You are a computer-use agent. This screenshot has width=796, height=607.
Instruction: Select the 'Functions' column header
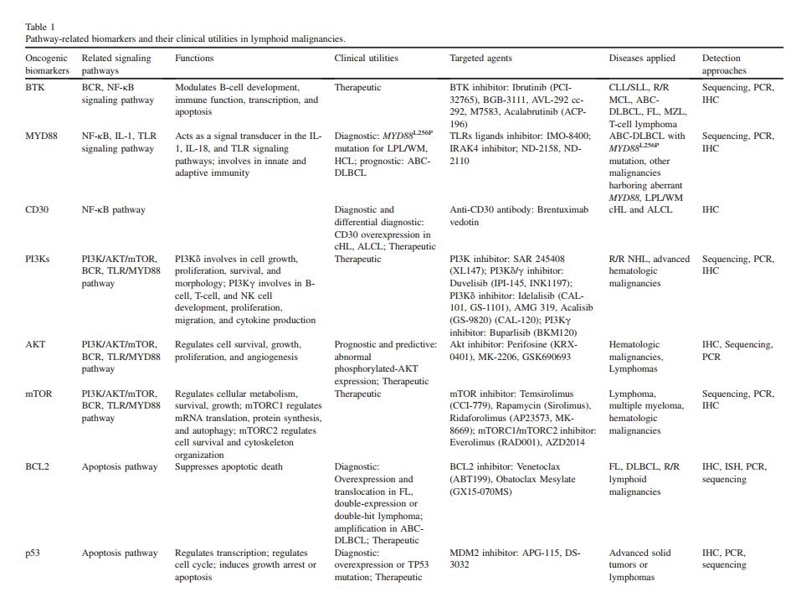coord(194,59)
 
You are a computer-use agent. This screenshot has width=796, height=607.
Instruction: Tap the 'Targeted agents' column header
coord(480,59)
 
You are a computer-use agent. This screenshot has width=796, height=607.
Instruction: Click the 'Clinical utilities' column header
coord(367,59)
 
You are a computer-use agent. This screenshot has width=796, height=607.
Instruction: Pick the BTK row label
coord(35,87)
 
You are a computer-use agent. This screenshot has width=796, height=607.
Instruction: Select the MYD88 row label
coord(42,136)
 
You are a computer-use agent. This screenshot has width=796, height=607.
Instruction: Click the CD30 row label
coord(38,209)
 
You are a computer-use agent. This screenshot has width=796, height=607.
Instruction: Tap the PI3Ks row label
coord(38,259)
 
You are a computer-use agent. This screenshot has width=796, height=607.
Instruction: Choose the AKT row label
coord(35,345)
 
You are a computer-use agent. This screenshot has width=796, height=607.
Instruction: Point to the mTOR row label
coord(39,394)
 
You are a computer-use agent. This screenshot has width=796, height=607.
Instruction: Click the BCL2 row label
coord(38,467)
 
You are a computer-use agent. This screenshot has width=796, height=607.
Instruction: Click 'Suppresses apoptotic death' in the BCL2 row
coord(229,467)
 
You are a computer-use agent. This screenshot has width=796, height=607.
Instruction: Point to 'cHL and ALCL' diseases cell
coord(639,209)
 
